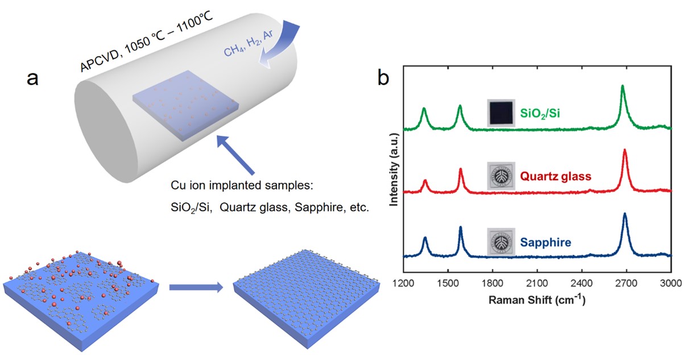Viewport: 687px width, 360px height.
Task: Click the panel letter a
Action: point(34,78)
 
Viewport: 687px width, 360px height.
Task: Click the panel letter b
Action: point(384,78)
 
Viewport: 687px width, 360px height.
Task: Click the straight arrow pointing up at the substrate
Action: point(235,154)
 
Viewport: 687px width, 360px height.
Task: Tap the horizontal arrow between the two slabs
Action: point(196,288)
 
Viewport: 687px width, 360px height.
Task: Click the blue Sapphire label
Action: point(545,242)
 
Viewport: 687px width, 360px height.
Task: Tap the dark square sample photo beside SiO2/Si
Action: point(501,113)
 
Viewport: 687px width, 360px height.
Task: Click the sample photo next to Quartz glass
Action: point(501,176)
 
